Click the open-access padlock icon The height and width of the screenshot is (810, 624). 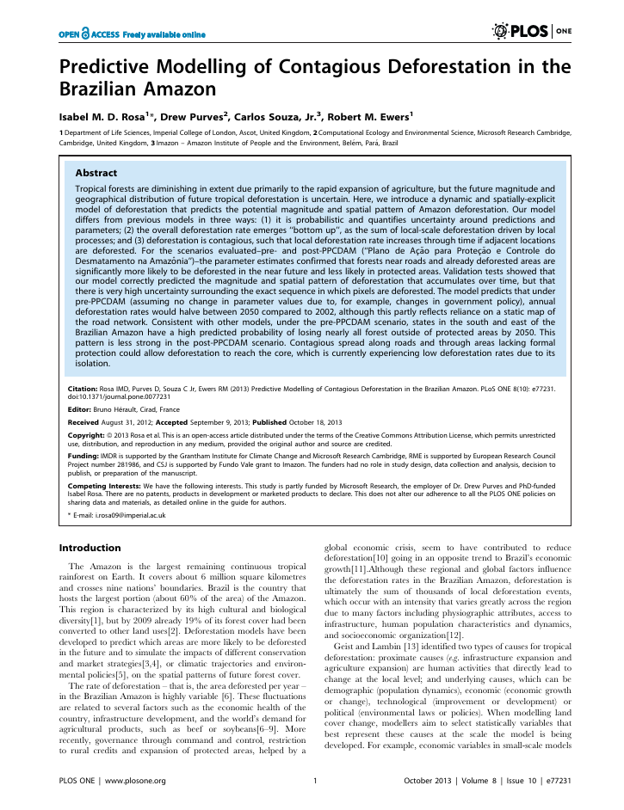[x=86, y=34]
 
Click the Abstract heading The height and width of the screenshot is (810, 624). [x=96, y=172]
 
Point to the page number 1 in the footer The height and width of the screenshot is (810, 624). [x=316, y=781]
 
